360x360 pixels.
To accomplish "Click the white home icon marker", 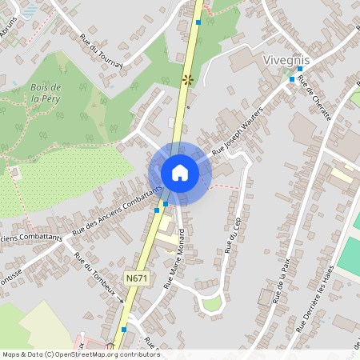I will point(180,172).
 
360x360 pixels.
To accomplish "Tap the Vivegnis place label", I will point(286,60).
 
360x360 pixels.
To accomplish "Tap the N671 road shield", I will point(135,278).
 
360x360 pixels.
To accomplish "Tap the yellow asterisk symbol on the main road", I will point(189,78).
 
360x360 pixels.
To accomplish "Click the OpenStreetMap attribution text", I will point(80,354).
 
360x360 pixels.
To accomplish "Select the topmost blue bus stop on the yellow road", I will point(198,22).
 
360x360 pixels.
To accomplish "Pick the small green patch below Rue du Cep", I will point(211,303).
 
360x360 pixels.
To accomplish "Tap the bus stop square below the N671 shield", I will point(123,329).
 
